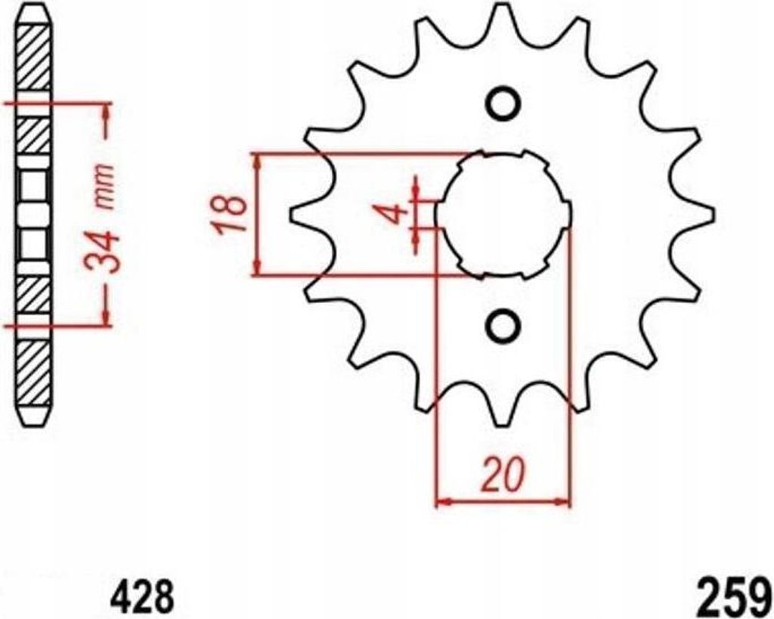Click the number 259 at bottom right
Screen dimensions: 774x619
pos(734,596)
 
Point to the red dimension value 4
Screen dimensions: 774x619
pos(396,215)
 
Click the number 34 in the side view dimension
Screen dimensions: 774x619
pos(102,253)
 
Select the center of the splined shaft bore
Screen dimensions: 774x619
pos(503,215)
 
